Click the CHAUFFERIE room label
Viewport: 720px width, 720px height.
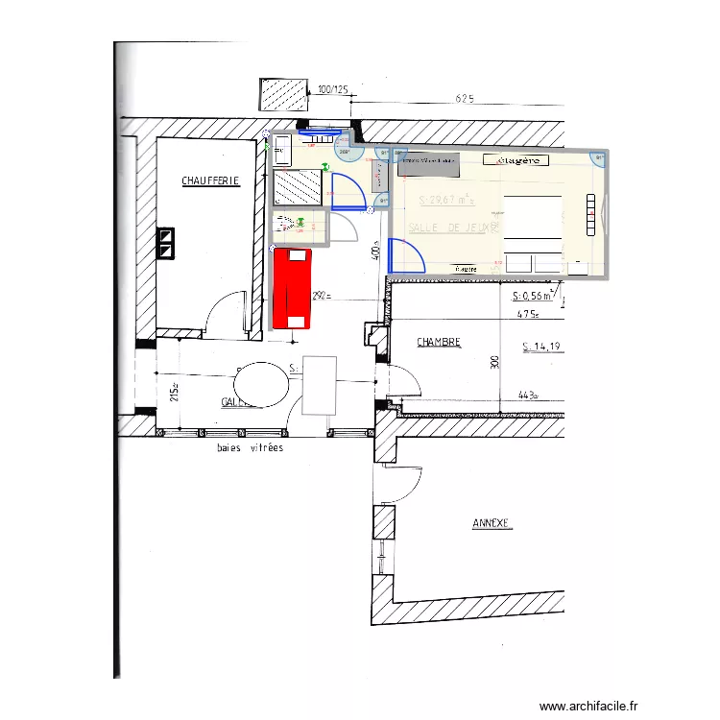click(210, 180)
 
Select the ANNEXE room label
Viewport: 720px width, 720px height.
click(492, 524)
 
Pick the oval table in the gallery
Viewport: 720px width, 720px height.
click(260, 385)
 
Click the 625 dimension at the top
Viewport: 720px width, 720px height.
click(466, 98)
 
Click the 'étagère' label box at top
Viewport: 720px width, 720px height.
click(516, 160)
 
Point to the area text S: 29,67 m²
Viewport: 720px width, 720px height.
click(447, 200)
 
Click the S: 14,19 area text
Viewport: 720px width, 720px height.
click(542, 347)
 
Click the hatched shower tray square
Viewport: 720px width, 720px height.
click(297, 188)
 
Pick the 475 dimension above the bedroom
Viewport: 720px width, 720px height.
click(525, 313)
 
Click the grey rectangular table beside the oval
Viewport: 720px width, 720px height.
click(320, 385)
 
